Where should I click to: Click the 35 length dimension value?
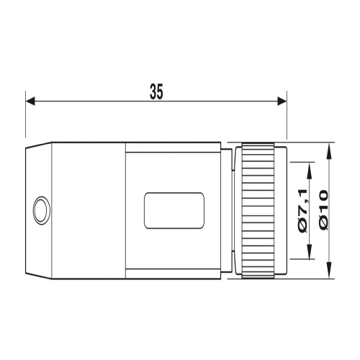(x=156, y=91)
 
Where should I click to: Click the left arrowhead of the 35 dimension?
(x=30, y=101)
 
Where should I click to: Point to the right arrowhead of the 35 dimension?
(x=282, y=101)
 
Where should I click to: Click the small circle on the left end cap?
(x=42, y=210)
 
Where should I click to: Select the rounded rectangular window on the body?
(x=174, y=210)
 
